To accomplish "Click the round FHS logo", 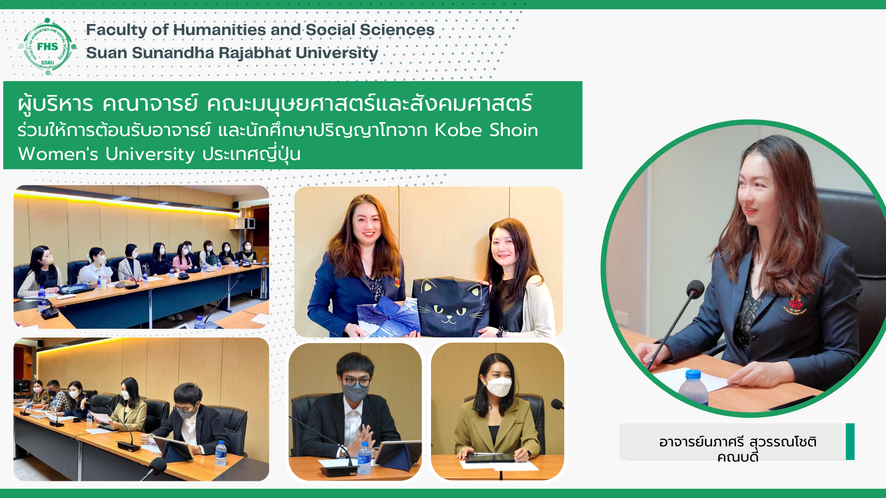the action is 48,46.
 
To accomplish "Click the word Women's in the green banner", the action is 58,154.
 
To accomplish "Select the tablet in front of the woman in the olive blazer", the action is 489,457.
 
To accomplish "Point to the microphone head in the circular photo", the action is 695,289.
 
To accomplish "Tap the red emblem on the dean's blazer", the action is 795,304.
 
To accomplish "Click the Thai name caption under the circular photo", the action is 737,449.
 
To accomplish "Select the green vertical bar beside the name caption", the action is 850,441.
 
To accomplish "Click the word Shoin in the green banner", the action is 514,130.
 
